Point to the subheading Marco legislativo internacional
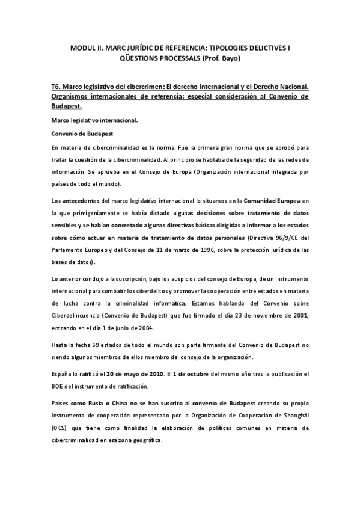tap(94, 121)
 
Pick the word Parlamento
tap(70, 250)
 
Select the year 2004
tap(145, 328)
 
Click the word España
tap(63, 373)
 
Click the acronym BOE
tap(59, 386)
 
